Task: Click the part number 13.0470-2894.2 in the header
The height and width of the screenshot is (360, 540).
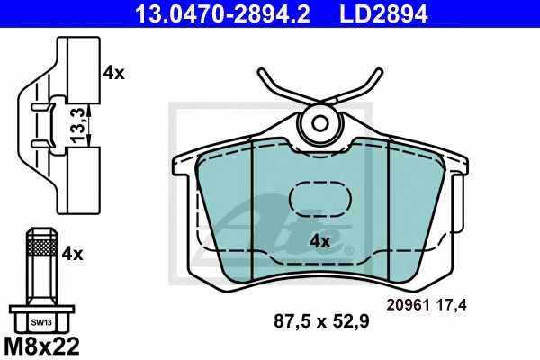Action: pyautogui.click(x=223, y=13)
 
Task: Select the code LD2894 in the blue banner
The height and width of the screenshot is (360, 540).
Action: pyautogui.click(x=383, y=13)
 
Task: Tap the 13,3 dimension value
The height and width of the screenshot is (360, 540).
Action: pyautogui.click(x=77, y=125)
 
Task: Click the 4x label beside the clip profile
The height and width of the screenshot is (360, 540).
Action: pyautogui.click(x=114, y=73)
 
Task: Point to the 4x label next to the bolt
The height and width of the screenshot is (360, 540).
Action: pyautogui.click(x=73, y=254)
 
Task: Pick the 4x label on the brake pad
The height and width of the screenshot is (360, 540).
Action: pyautogui.click(x=319, y=241)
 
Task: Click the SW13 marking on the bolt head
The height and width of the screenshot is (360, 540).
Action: pyautogui.click(x=41, y=322)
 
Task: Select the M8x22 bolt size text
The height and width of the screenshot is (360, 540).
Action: pyautogui.click(x=41, y=346)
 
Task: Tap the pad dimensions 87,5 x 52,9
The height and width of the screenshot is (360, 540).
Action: pyautogui.click(x=321, y=321)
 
